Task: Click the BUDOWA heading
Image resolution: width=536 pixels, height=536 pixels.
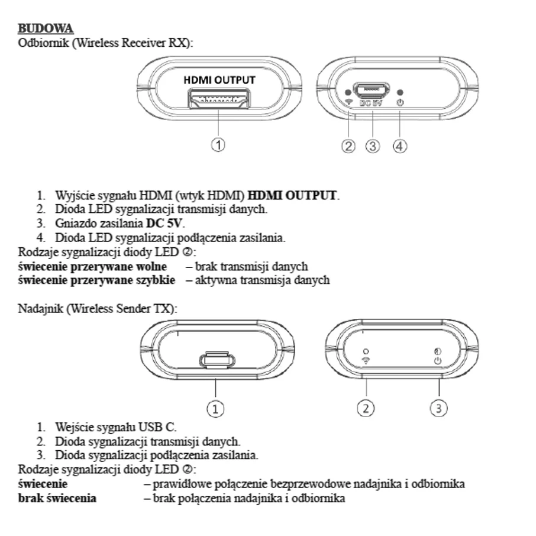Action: (46, 28)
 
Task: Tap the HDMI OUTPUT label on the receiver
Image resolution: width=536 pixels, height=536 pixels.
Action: (219, 80)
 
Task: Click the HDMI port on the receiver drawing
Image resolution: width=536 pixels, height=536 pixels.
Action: (219, 98)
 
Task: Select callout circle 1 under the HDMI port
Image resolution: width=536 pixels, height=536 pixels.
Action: (218, 144)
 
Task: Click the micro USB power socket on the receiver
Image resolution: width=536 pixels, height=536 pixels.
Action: (372, 90)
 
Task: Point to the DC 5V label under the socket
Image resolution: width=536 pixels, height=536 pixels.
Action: (371, 102)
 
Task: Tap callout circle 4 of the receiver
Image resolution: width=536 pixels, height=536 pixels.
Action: (400, 146)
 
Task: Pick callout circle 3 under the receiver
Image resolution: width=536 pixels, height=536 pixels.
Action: (373, 146)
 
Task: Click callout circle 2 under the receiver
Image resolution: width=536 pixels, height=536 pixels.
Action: (348, 146)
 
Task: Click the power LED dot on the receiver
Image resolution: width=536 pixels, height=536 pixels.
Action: (401, 92)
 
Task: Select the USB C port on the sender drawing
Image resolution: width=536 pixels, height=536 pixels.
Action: (217, 360)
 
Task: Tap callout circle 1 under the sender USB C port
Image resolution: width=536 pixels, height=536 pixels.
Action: (215, 409)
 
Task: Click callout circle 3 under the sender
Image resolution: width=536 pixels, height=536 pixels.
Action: (439, 408)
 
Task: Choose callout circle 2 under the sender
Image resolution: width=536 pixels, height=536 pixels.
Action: (366, 408)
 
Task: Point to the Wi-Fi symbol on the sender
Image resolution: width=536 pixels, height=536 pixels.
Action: (366, 360)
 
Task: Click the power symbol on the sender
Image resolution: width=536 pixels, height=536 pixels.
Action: (438, 361)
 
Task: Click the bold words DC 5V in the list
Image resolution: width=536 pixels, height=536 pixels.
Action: (164, 223)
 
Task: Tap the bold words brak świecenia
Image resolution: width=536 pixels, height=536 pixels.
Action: (57, 498)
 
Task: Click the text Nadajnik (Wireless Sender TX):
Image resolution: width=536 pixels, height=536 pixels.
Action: (98, 308)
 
